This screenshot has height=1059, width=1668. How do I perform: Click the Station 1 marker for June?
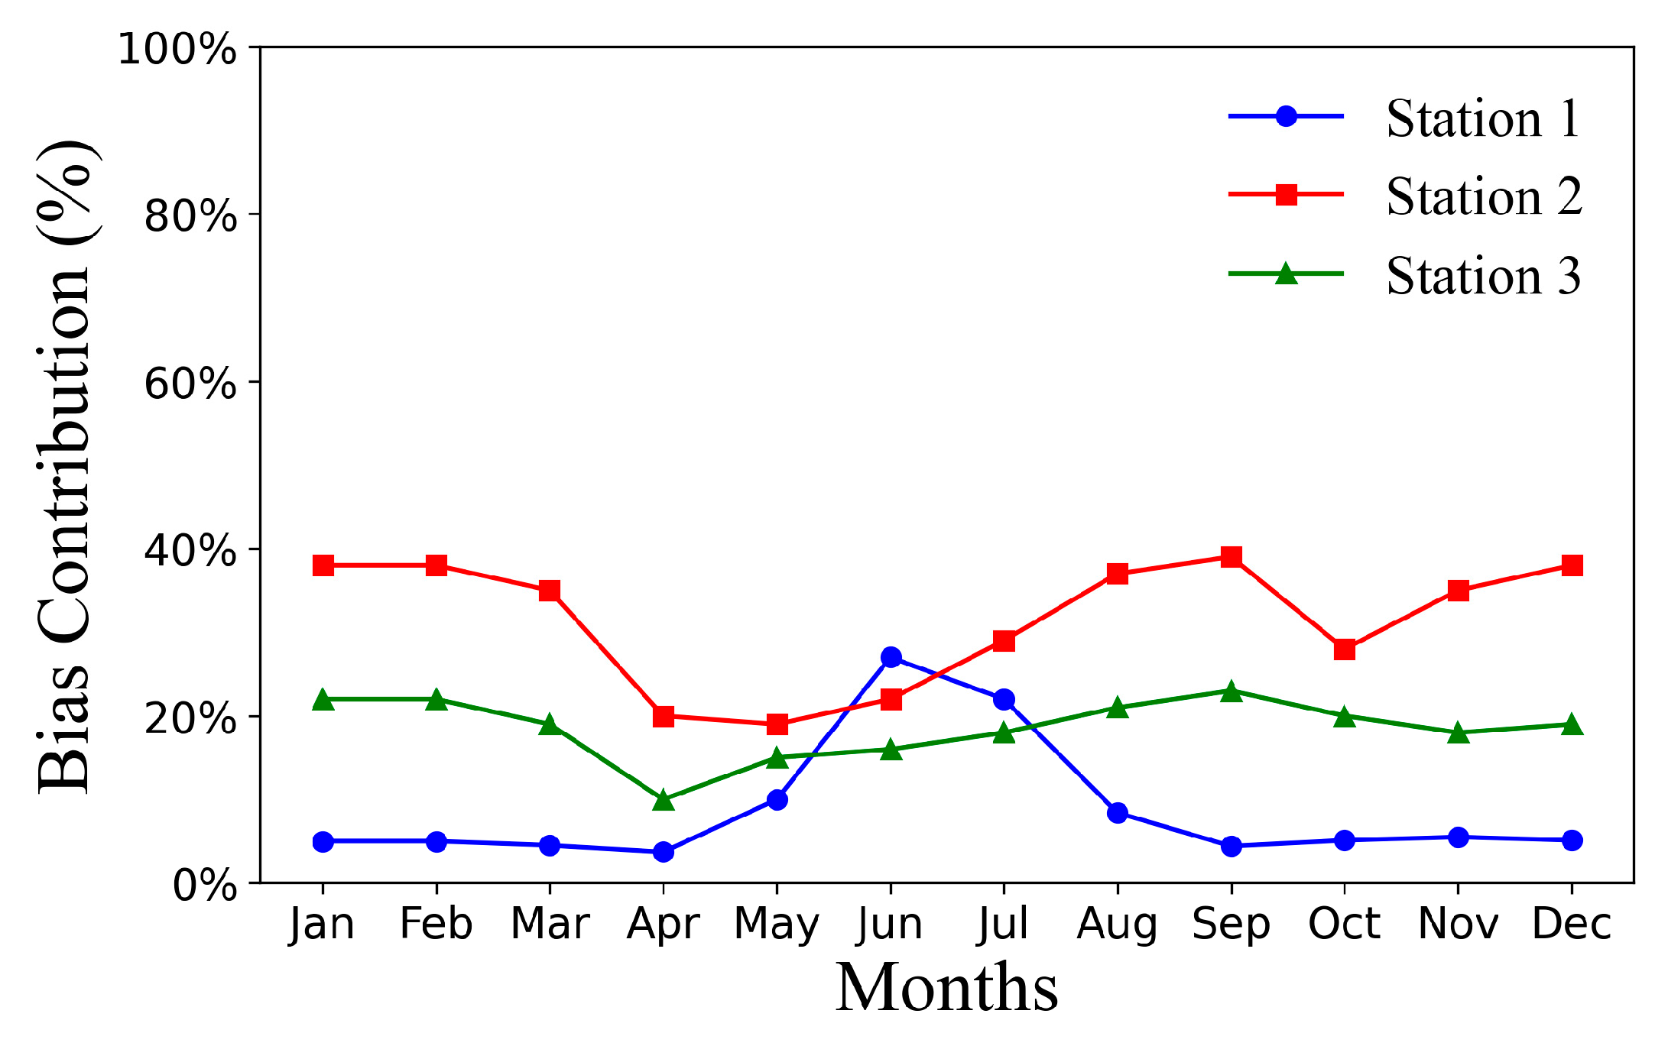[x=891, y=657]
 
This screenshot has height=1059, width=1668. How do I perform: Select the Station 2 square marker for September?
[x=1231, y=556]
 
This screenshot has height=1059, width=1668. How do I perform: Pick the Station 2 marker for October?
[x=1345, y=649]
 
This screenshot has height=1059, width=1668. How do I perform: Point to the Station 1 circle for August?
[x=1118, y=812]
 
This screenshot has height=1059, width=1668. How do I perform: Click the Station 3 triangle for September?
[x=1231, y=691]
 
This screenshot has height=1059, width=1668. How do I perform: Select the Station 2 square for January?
[x=323, y=565]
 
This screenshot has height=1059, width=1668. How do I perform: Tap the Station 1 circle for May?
[x=777, y=800]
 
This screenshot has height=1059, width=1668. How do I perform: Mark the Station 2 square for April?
[x=664, y=716]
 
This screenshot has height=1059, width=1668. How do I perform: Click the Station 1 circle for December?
[x=1572, y=840]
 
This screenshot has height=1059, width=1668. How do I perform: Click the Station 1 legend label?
[x=1483, y=119]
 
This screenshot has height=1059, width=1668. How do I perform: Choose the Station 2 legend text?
[x=1483, y=197]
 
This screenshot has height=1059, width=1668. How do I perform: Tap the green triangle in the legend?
[x=1287, y=274]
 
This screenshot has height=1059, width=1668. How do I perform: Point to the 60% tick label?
[x=190, y=383]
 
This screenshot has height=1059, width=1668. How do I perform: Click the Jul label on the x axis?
[x=1004, y=925]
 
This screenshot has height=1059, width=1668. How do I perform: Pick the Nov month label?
[x=1458, y=925]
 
